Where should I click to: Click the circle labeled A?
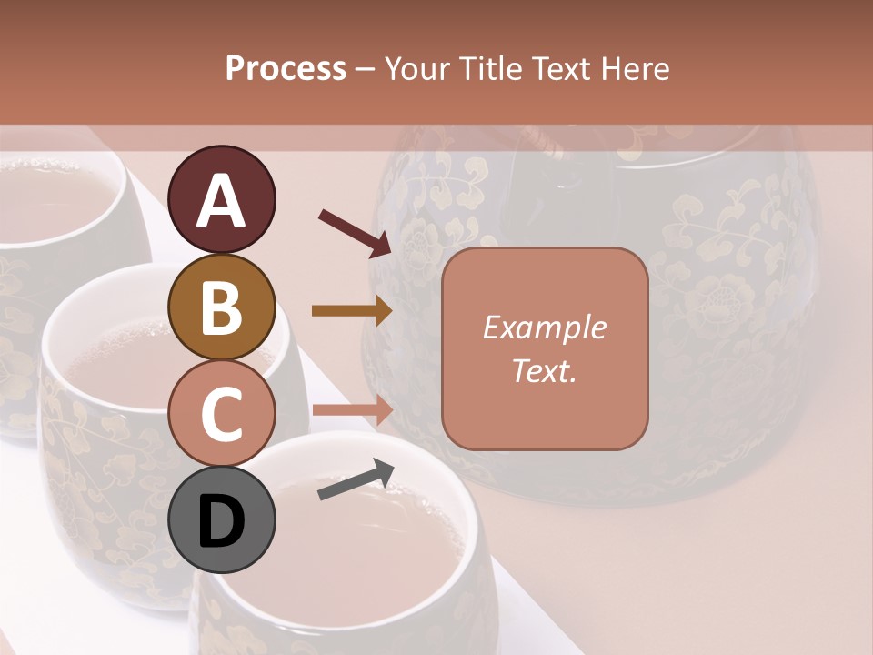222,199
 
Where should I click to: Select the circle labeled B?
222,306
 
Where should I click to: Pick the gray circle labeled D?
222,519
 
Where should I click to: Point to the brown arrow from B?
352,311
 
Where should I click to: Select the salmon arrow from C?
352,410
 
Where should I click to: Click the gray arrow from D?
356,479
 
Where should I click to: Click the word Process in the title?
286,69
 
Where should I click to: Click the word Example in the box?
544,328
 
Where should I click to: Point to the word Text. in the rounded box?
544,370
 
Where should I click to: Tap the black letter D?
222,521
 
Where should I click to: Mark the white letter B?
222,307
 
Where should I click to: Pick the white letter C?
222,414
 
